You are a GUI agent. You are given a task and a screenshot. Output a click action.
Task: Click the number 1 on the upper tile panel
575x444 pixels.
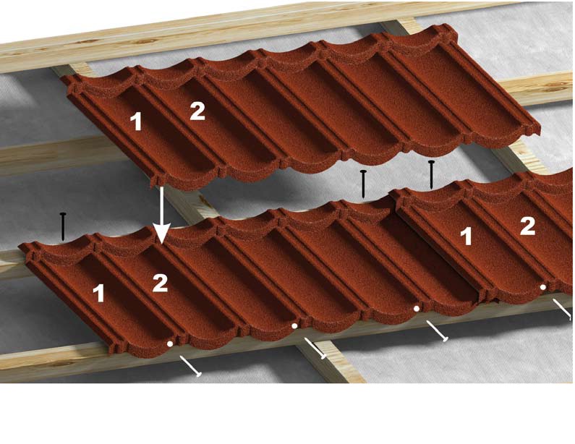tap(136, 121)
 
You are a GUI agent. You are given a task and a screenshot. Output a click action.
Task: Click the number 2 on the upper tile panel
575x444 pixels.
tap(197, 111)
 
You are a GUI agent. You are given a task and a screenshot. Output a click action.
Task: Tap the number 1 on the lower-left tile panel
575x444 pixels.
tap(98, 294)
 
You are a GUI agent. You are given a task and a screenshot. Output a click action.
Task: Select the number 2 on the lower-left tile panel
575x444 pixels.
tap(160, 283)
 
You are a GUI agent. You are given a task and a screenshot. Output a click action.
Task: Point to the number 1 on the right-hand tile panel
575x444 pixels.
tap(466, 236)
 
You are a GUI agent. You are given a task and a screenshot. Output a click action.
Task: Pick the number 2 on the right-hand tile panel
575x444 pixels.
tap(528, 226)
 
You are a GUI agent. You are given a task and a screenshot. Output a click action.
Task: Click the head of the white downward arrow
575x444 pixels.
tap(161, 234)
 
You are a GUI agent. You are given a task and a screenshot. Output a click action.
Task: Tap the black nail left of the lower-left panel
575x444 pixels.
tap(63, 226)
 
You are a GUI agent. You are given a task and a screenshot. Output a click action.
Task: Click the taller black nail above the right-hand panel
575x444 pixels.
tap(432, 174)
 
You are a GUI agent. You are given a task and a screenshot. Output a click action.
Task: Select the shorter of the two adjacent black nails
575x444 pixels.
tap(363, 184)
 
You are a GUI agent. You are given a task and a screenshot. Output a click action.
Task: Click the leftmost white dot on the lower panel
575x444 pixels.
tap(170, 343)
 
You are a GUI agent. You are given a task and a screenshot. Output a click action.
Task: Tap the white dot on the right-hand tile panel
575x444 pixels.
tap(543, 286)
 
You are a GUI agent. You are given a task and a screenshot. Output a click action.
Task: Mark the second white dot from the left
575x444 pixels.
tap(294, 325)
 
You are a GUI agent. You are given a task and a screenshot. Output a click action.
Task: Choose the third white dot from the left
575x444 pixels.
tap(417, 308)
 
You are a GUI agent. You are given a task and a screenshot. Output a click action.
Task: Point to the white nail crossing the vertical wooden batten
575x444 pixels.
tap(315, 349)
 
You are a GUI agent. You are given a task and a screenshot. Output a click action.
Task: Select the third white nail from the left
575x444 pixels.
tap(437, 331)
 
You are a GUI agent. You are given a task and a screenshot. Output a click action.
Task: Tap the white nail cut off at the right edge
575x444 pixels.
tap(563, 309)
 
